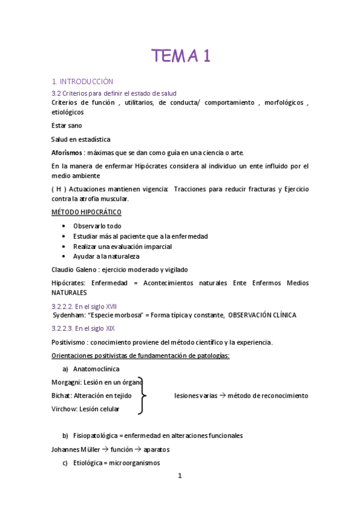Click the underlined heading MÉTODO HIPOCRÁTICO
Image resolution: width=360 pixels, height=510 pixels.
pyautogui.click(x=86, y=212)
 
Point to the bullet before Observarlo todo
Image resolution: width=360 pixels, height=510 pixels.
pyautogui.click(x=64, y=226)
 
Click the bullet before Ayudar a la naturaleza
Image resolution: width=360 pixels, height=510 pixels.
pyautogui.click(x=64, y=256)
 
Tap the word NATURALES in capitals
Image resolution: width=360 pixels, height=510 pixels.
pyautogui.click(x=69, y=292)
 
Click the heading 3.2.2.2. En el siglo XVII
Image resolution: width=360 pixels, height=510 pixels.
pyautogui.click(x=84, y=306)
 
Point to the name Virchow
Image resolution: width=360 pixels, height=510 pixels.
pyautogui.click(x=65, y=409)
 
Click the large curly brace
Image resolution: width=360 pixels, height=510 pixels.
pyautogui.click(x=142, y=395)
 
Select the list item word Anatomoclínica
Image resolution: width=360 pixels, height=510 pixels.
pyautogui.click(x=96, y=369)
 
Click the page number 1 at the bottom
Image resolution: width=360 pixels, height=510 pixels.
pyautogui.click(x=180, y=476)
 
